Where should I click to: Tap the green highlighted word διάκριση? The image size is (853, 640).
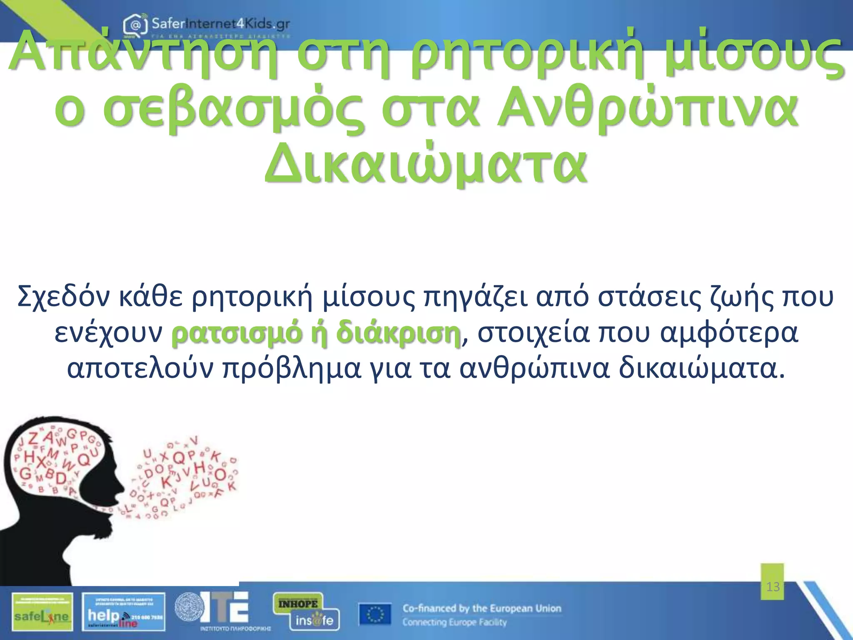click(398, 333)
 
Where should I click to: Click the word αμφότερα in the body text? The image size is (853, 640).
click(729, 333)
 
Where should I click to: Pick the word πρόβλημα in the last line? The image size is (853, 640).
click(292, 369)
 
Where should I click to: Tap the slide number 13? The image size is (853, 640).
click(773, 587)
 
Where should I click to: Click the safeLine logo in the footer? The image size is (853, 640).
click(42, 612)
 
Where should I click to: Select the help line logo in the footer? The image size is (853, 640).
click(124, 612)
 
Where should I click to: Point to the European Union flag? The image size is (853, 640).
click(375, 614)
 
